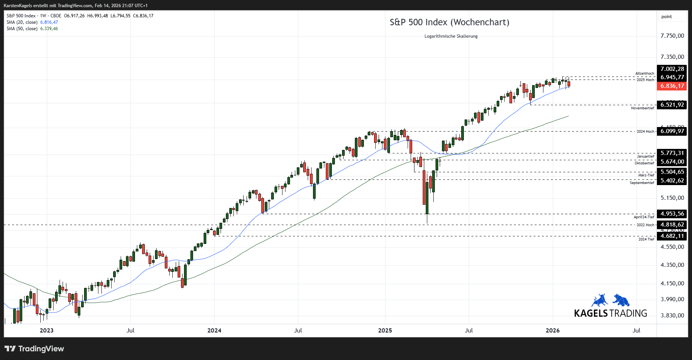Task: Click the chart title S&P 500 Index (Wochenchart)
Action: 449,22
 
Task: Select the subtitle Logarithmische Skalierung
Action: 451,36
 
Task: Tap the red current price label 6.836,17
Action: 672,86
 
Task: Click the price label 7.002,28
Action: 672,69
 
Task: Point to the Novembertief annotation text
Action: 642,108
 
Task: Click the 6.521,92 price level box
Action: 672,105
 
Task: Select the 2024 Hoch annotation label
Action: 645,132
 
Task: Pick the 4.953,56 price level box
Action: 672,214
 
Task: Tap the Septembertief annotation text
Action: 642,183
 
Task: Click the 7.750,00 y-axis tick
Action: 672,36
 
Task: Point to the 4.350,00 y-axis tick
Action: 672,265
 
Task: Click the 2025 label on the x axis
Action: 385,331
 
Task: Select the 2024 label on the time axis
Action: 214,331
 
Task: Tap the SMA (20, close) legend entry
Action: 22,22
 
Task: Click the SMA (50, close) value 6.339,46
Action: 49,29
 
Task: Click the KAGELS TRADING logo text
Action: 610,313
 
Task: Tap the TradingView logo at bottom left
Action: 34,349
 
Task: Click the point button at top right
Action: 666,17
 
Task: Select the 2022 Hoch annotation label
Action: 645,225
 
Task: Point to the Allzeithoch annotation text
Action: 644,74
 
